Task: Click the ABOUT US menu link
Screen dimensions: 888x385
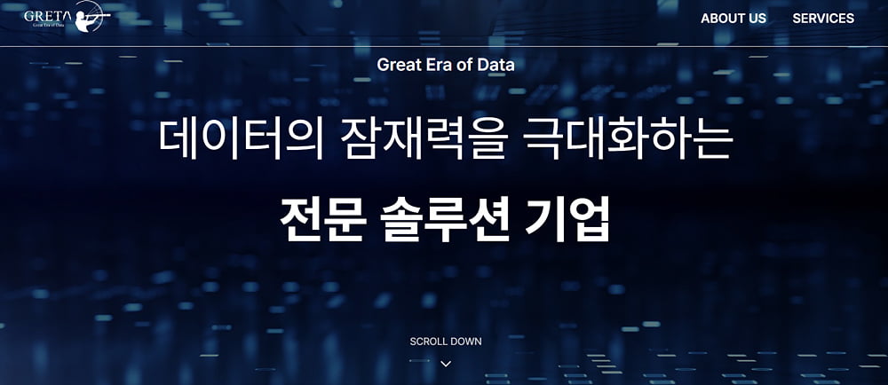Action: pyautogui.click(x=733, y=18)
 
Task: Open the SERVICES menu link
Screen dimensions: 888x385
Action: pyautogui.click(x=823, y=18)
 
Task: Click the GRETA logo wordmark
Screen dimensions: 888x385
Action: pyautogui.click(x=48, y=15)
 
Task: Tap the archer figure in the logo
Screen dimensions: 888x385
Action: pyautogui.click(x=91, y=15)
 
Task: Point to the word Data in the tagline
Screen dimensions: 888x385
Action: pyautogui.click(x=496, y=65)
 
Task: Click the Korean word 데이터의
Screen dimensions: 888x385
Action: pyautogui.click(x=241, y=138)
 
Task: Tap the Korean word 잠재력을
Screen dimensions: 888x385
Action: pyautogui.click(x=423, y=138)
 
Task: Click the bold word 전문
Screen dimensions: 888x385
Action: pyautogui.click(x=321, y=219)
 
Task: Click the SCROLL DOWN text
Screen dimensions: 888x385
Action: pyautogui.click(x=446, y=342)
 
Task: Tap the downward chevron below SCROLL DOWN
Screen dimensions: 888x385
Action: pyautogui.click(x=446, y=364)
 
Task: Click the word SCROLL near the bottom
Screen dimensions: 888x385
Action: pyautogui.click(x=428, y=342)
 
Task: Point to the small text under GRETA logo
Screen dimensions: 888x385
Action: pyautogui.click(x=48, y=25)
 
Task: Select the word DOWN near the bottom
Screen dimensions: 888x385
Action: pyautogui.click(x=466, y=342)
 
